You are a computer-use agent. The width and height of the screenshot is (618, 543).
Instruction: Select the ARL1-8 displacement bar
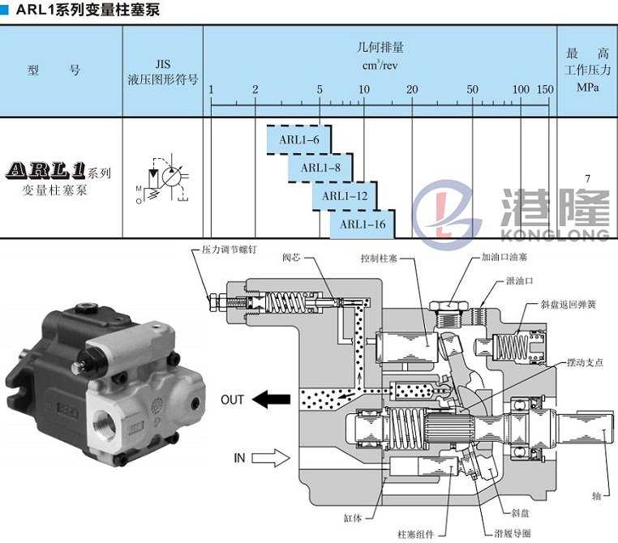click(x=320, y=168)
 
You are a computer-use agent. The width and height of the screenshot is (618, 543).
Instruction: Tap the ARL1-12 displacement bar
click(x=344, y=195)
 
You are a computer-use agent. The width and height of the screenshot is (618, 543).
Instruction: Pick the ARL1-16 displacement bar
click(x=362, y=224)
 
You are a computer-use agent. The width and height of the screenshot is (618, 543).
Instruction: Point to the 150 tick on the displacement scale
click(x=544, y=88)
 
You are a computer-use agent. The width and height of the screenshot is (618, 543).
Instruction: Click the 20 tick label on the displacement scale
click(x=412, y=88)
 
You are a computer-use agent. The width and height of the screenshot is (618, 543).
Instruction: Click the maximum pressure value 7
click(x=587, y=178)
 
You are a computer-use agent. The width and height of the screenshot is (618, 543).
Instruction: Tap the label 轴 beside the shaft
click(x=596, y=492)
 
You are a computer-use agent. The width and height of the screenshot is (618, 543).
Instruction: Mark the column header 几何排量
click(x=380, y=46)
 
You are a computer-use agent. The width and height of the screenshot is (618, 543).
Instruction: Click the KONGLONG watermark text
click(x=555, y=234)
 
